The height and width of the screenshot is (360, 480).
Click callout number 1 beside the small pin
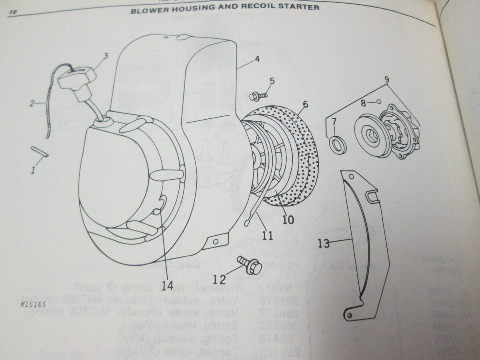pos(34,171)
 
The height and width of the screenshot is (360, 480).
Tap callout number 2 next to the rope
pos(32,104)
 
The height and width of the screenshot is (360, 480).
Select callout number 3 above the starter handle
pos(106,56)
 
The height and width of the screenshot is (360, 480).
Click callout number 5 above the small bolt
pos(272,81)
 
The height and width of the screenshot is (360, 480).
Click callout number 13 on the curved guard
pos(324,243)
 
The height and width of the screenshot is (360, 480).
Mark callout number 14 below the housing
pos(168,286)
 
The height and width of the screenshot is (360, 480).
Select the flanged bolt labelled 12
pos(250,265)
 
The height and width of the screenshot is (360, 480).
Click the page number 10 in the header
pos(12,13)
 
